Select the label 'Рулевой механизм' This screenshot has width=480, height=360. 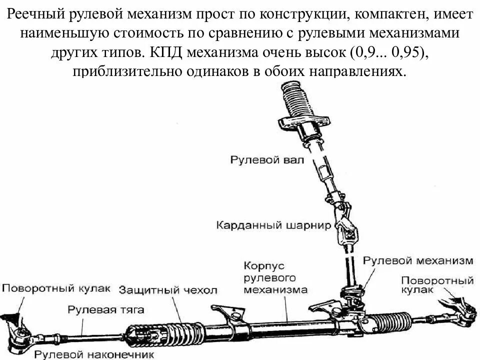pyautogui.click(x=417, y=260)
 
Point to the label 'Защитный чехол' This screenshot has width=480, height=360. pyautogui.click(x=168, y=290)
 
